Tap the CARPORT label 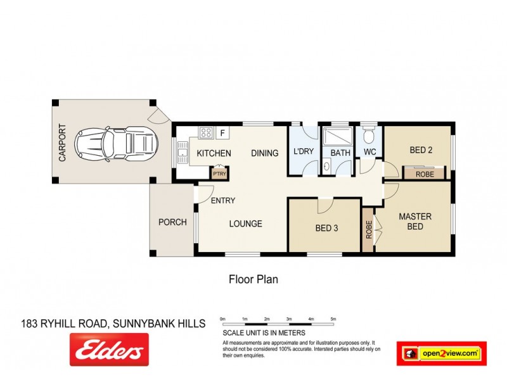point(62,142)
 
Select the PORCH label point(172,222)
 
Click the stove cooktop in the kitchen point(206,133)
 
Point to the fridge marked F point(222,133)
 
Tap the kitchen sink point(183,150)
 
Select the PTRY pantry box point(219,174)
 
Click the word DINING point(264,153)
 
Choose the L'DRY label point(304,153)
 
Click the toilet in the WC point(369,134)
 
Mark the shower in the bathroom point(336,137)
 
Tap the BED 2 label point(421,150)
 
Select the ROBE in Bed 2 point(424,172)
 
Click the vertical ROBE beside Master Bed point(368,229)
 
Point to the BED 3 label point(326,228)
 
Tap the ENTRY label point(222,201)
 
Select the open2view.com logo point(442,353)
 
